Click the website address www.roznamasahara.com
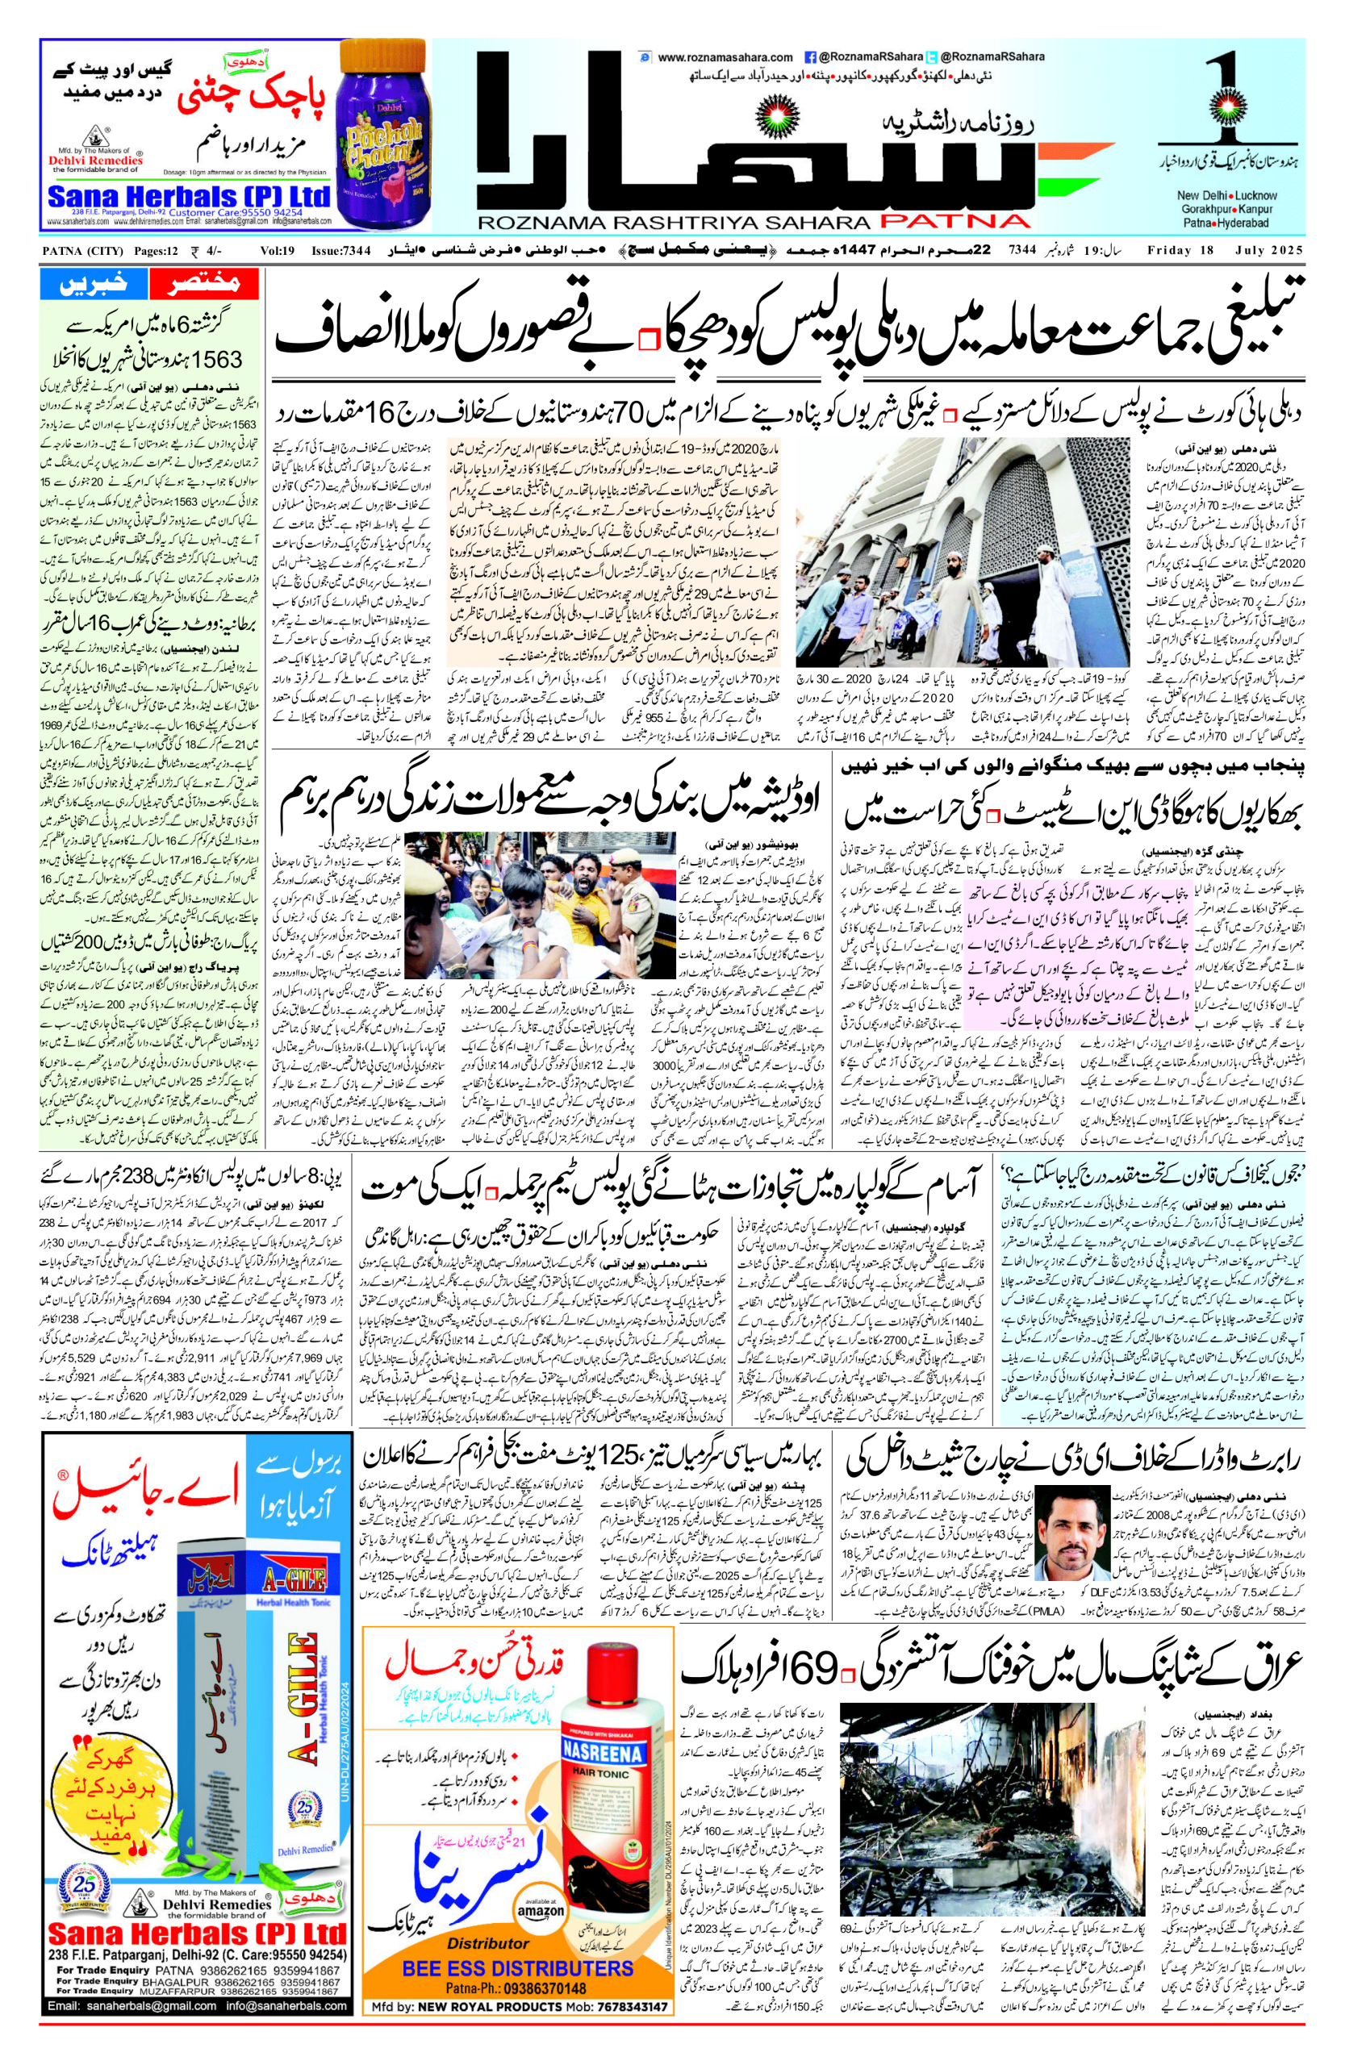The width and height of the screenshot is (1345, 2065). pyautogui.click(x=725, y=57)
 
